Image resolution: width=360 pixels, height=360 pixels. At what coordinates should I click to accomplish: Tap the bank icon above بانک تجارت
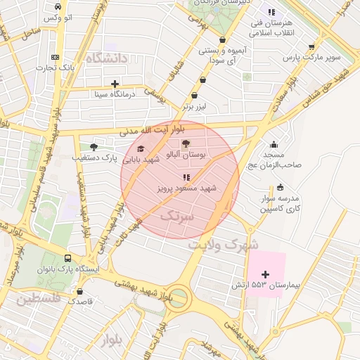56,57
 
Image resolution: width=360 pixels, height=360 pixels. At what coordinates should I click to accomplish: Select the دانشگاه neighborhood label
107,59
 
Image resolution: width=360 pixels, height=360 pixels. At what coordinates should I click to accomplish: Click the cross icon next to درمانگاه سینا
115,84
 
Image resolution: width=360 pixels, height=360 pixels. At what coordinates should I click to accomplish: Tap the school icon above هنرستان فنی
271,12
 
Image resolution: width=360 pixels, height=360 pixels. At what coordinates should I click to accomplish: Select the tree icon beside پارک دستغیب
94,147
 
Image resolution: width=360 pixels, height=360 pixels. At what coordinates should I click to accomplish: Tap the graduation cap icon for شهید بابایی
141,149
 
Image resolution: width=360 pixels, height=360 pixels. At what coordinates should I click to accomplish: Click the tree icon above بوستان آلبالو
186,143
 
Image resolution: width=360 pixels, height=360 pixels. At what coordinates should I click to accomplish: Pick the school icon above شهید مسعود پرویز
186,178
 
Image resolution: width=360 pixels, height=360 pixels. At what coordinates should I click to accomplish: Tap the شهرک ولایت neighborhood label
224,244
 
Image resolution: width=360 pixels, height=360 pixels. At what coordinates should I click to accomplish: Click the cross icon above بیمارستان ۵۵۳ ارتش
265,274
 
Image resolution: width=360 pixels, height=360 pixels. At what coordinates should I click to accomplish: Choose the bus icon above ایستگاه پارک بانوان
67,258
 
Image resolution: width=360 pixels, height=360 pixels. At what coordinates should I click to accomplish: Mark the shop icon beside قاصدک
79,291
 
